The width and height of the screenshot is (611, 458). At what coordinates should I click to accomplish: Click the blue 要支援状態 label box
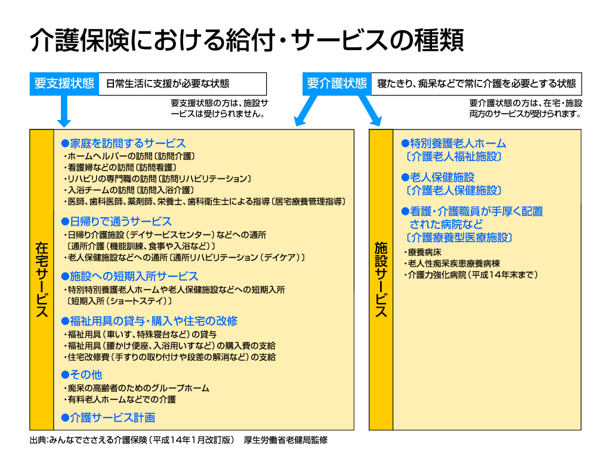tap(64, 83)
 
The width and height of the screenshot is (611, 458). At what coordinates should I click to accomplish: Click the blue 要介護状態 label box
tap(337, 83)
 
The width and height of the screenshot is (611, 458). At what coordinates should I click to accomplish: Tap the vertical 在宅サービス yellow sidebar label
tap(42, 280)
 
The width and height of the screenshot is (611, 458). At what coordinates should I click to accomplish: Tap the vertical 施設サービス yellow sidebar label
tap(381, 280)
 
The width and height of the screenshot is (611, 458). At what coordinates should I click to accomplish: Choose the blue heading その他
tap(86, 375)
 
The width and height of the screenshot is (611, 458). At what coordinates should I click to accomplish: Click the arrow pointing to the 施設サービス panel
tap(370, 110)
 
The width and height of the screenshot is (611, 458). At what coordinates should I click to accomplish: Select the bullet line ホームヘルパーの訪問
tap(129, 156)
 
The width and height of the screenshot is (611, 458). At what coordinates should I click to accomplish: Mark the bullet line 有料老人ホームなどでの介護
tap(119, 400)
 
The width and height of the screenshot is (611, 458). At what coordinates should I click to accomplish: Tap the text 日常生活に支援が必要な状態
tap(168, 83)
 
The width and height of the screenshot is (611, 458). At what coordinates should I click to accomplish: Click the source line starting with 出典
tap(179, 440)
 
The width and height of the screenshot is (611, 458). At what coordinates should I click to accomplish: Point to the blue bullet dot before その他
tap(65, 375)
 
